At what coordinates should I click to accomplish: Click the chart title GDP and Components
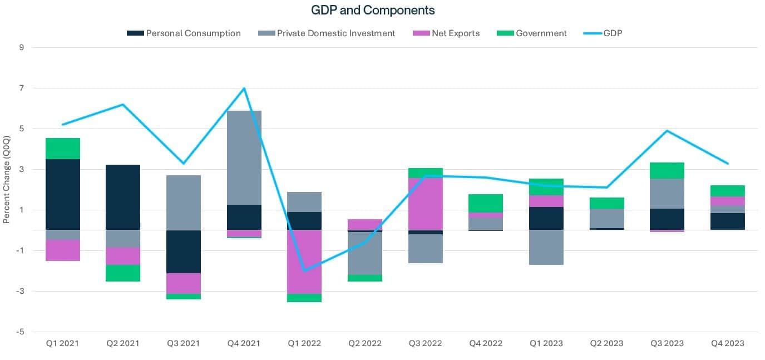372,10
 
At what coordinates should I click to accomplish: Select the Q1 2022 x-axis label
304,343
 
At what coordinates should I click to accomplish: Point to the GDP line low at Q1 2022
304,270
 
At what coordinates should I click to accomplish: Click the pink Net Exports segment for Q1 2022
304,262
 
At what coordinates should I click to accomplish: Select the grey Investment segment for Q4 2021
244,157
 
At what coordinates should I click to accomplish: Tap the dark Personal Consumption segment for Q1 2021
62,194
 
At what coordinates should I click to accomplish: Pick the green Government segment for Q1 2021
62,149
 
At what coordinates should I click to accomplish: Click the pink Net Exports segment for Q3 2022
426,204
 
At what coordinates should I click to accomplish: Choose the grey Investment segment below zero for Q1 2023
546,247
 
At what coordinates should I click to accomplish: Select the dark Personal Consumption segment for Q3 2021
184,251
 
